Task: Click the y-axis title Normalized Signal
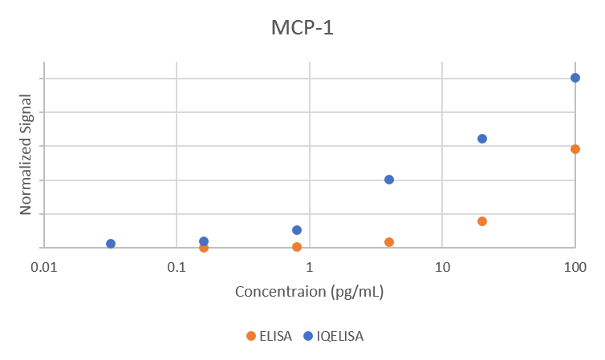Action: [26, 154]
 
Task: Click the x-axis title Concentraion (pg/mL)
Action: [309, 291]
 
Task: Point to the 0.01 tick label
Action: [44, 266]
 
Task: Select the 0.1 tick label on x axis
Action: [177, 266]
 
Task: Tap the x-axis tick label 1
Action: [310, 266]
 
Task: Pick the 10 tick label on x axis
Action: [442, 266]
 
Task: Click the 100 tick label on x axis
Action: [575, 266]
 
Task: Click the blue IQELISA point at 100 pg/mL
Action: [575, 78]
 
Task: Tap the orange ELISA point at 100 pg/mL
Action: [575, 149]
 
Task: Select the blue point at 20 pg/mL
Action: [482, 139]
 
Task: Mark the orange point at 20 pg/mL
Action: [482, 221]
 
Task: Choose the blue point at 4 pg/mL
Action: [389, 180]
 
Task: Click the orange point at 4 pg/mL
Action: [389, 242]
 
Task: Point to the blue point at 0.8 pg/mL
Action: [297, 230]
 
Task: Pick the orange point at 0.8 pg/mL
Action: [297, 247]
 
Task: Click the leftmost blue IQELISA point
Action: [111, 244]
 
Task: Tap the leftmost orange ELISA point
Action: [204, 248]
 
